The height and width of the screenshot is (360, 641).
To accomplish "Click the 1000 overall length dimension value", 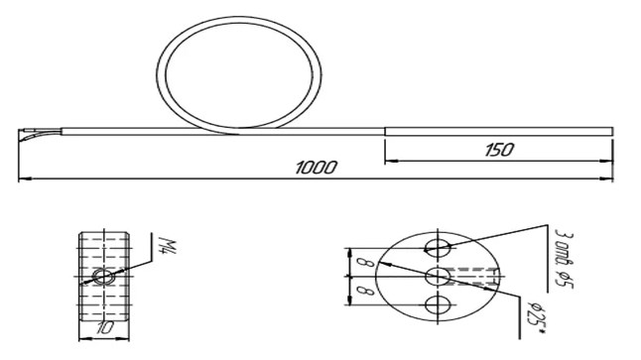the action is coord(316,168).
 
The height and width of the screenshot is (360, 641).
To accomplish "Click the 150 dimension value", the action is coord(499,150).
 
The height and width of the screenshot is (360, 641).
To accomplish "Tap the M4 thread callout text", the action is coord(168,245).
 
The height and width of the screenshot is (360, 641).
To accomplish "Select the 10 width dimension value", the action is coord(104,327).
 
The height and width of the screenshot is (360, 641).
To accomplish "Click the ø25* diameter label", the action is coord(536,318).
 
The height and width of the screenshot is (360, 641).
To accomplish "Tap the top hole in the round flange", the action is coord(438,248).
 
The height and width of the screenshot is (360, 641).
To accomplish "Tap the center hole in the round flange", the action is coord(438,277).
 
